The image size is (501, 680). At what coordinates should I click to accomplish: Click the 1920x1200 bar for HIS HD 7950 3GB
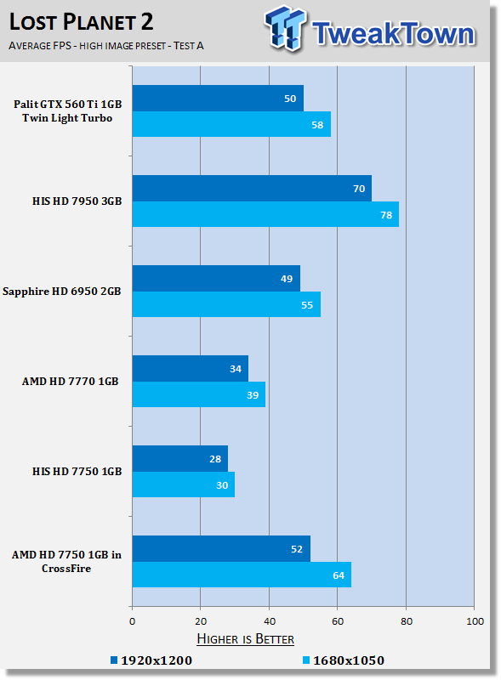click(x=252, y=188)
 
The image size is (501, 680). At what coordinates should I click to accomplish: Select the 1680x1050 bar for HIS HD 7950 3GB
click(x=265, y=214)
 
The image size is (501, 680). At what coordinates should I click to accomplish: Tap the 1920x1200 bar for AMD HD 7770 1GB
click(x=191, y=369)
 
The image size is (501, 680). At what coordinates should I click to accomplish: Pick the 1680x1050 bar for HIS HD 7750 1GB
click(x=184, y=484)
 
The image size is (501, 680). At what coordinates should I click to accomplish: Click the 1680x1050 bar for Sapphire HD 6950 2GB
click(x=226, y=304)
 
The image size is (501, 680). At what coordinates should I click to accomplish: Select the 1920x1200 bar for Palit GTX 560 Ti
click(x=218, y=98)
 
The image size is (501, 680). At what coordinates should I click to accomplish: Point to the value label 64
click(x=339, y=575)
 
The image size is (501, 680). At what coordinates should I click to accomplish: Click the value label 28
click(x=215, y=459)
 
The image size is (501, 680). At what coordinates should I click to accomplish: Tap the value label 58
click(x=317, y=125)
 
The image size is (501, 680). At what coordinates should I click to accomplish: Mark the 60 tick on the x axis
click(x=338, y=621)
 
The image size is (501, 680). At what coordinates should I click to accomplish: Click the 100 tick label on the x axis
click(x=475, y=621)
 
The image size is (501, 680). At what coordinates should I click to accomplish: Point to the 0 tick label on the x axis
click(x=133, y=621)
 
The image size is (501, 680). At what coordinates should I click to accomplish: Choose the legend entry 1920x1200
click(x=151, y=660)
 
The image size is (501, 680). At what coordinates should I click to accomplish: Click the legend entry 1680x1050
click(x=344, y=660)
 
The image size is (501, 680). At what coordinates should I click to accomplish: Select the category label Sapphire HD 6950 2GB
click(x=61, y=292)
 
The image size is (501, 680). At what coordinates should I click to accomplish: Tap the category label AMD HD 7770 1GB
click(x=71, y=381)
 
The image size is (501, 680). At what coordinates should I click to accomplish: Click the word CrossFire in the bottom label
click(x=66, y=568)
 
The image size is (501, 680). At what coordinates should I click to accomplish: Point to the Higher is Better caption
click(x=245, y=639)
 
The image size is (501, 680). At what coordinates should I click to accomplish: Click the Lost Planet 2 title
click(x=81, y=22)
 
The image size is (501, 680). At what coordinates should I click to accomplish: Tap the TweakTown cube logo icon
click(x=285, y=29)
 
